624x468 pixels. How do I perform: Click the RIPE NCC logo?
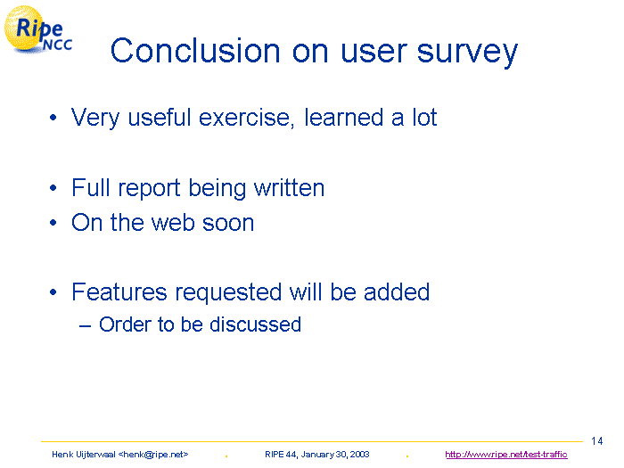[x=38, y=29]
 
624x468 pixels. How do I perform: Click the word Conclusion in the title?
[x=195, y=51]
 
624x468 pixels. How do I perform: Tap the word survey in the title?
[x=467, y=53]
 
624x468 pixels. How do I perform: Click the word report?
[x=149, y=188]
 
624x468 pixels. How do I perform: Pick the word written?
[x=290, y=187]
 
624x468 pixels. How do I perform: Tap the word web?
[x=173, y=223]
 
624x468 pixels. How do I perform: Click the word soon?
[x=228, y=224]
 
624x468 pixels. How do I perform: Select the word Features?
[x=119, y=291]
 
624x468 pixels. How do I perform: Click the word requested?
[x=228, y=293]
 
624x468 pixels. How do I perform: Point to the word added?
[x=397, y=291]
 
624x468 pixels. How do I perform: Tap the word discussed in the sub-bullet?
[x=255, y=324]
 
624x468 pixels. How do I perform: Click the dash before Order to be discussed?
[x=86, y=326]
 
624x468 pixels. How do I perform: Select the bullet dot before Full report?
[x=53, y=188]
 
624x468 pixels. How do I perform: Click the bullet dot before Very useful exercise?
[x=53, y=118]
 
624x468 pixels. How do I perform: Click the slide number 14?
[x=597, y=441]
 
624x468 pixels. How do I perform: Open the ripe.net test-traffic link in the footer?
[x=506, y=455]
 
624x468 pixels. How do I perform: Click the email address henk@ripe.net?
[x=153, y=455]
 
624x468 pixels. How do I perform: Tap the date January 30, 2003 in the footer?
[x=335, y=455]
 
